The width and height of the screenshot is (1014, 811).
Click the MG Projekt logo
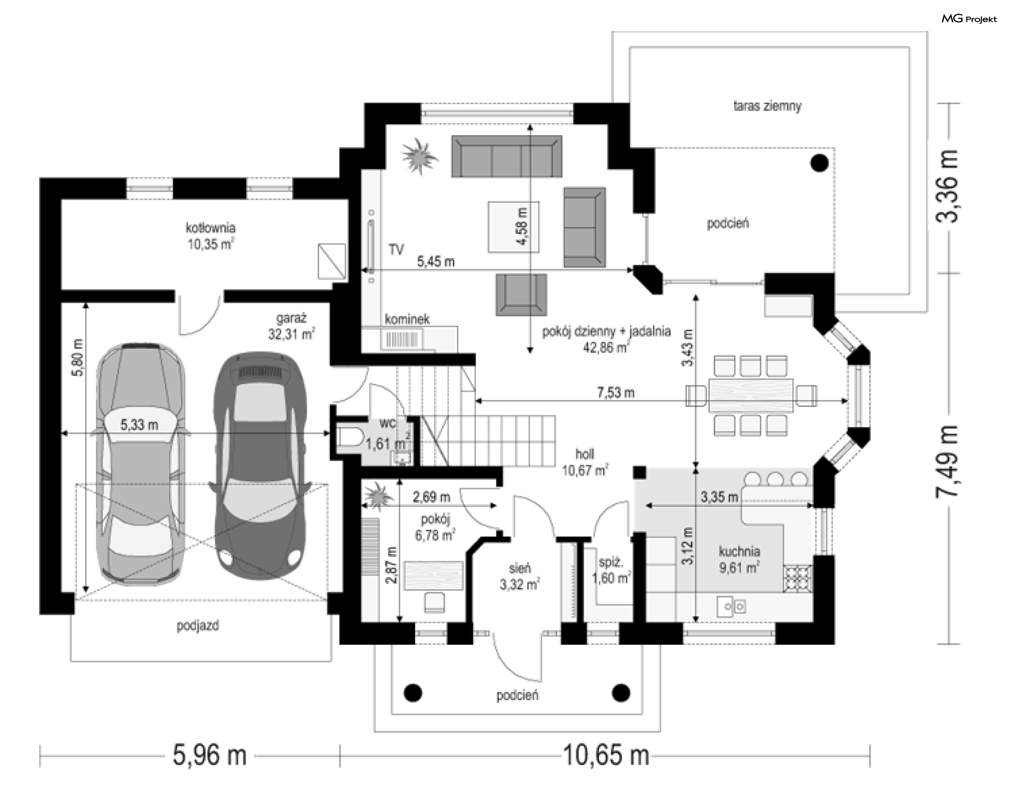(969, 19)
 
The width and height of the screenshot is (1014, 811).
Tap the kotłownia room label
(210, 228)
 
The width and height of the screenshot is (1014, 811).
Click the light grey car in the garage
(140, 464)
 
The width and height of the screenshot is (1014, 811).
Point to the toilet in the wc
(349, 437)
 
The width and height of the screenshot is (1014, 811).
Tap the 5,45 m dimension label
(436, 261)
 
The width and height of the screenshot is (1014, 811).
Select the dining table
(750, 395)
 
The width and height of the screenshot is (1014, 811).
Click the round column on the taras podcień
(820, 163)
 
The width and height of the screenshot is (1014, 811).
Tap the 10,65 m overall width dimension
(606, 756)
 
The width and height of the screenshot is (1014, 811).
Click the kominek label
(407, 319)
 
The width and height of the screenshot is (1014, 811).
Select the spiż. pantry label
(611, 562)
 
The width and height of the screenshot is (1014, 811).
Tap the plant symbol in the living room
(420, 155)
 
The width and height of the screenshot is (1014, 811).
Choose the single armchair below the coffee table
(521, 294)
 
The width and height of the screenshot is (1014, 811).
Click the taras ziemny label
(767, 106)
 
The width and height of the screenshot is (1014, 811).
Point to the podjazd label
(198, 626)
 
